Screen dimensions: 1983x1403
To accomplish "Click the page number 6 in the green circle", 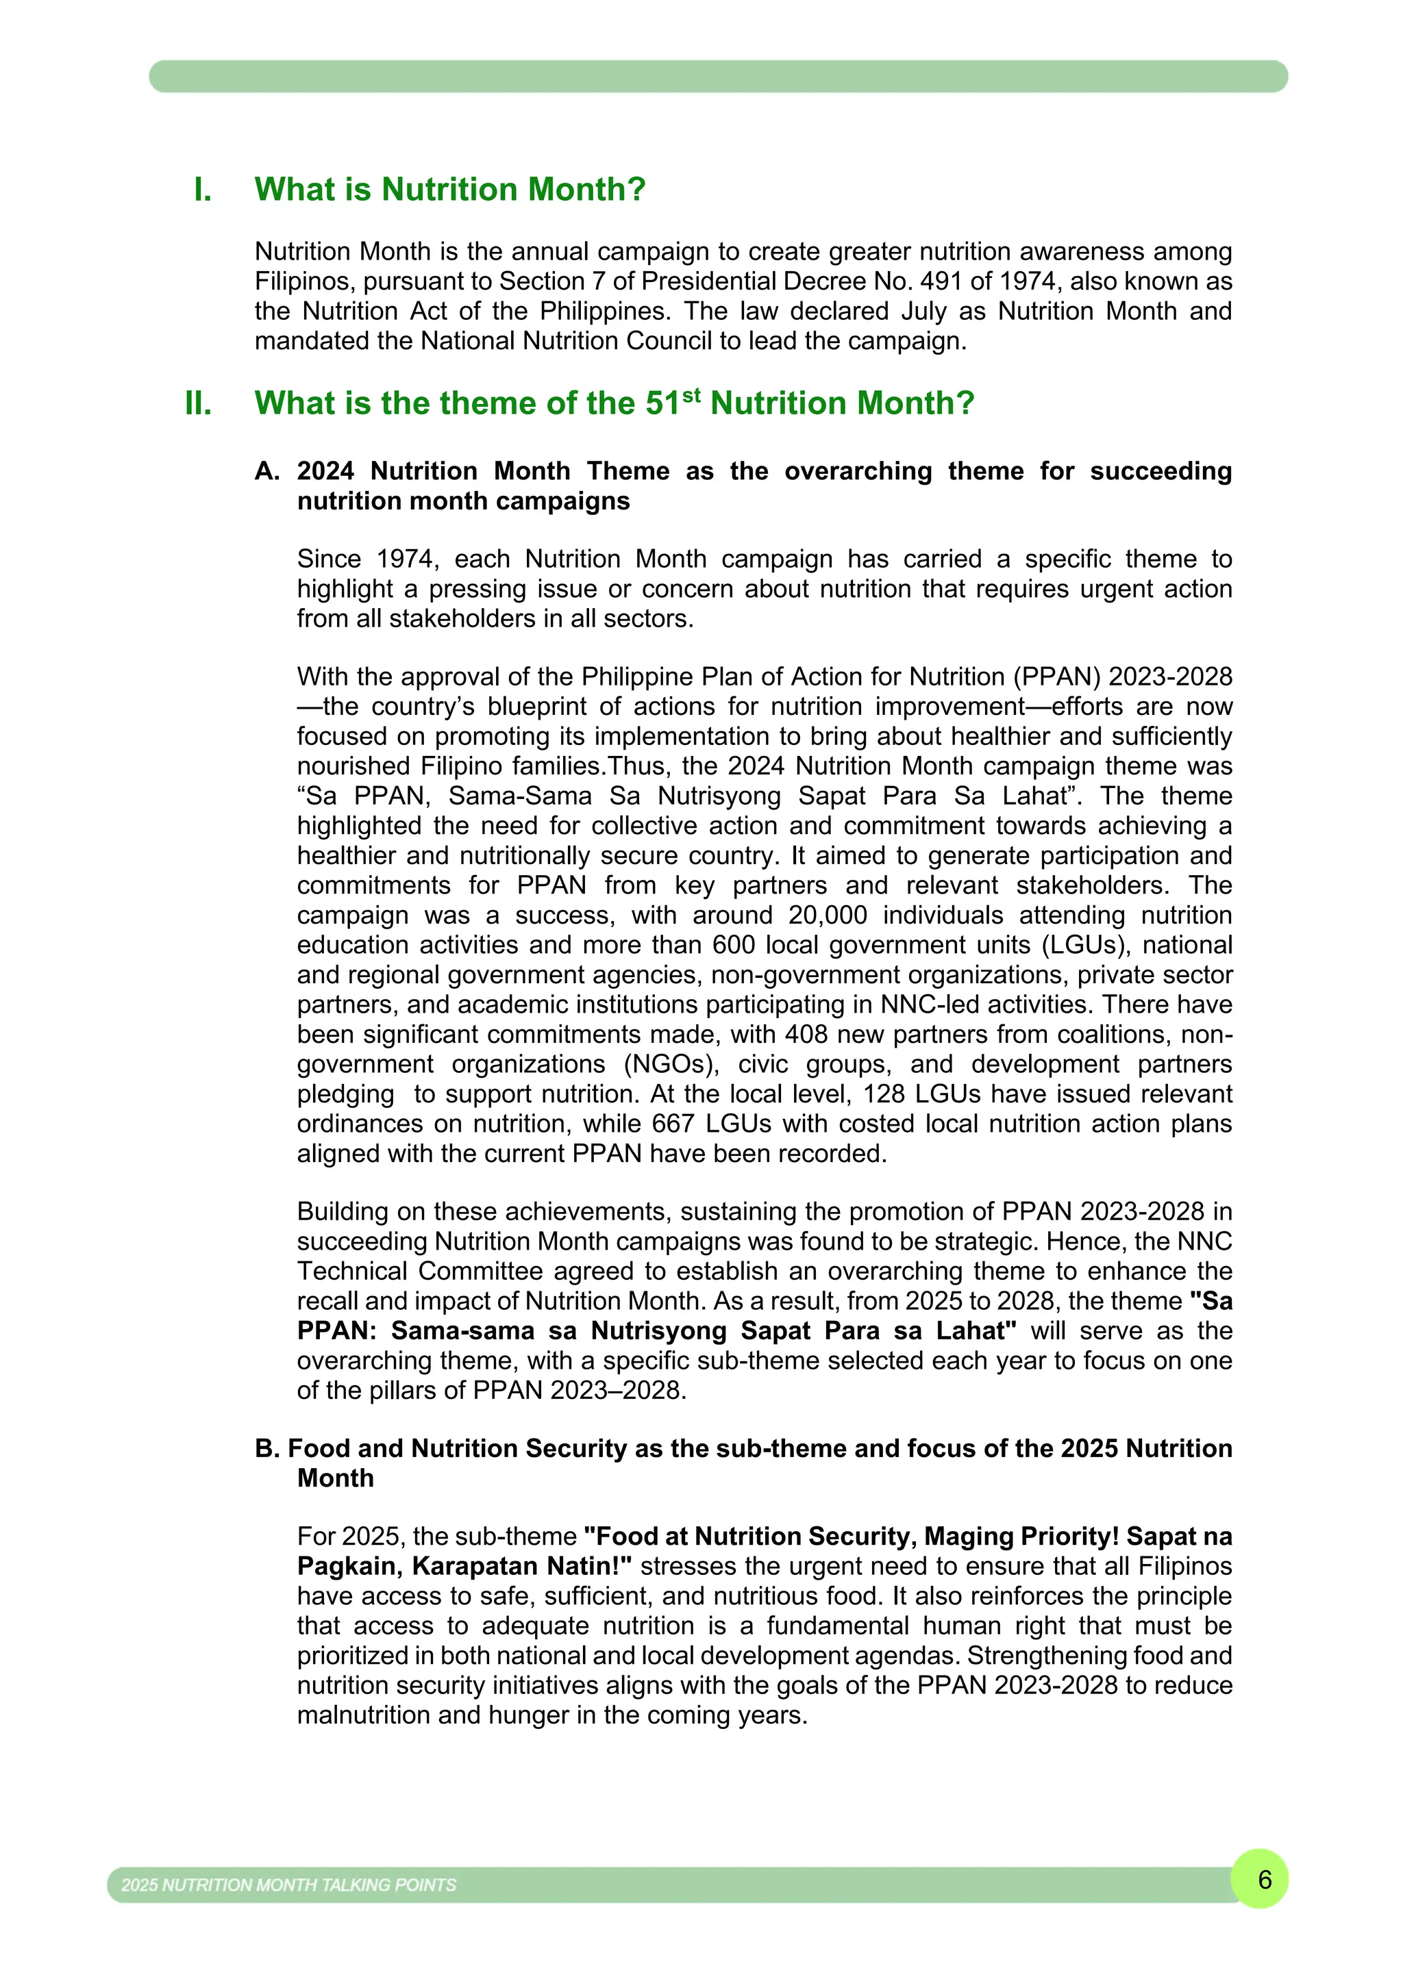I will [1265, 1880].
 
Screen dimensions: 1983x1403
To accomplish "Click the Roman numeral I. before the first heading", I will [202, 189].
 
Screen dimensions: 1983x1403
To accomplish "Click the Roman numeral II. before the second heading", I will [198, 403].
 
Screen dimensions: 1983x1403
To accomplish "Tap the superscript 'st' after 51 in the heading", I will [691, 396].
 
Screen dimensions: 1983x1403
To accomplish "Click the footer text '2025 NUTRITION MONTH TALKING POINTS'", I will [288, 1884].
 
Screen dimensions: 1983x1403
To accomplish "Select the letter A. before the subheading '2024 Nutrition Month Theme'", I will [267, 470].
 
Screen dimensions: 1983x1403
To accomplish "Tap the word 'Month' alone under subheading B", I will [335, 1478].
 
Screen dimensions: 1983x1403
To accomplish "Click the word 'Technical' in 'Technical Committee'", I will [351, 1272].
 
